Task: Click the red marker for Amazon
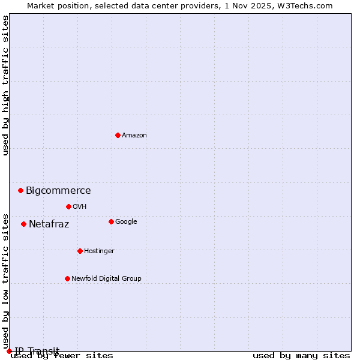(118, 135)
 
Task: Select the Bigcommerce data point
(20, 190)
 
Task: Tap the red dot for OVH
(68, 206)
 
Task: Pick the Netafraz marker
(23, 224)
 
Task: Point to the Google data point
(111, 221)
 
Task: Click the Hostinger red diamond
(80, 251)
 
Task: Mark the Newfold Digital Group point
(67, 278)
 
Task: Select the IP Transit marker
(9, 351)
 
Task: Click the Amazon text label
(134, 135)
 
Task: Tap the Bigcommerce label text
(58, 191)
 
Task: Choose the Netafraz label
(49, 224)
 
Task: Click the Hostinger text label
(99, 251)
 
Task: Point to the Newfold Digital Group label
(106, 278)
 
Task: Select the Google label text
(126, 221)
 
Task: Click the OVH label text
(80, 206)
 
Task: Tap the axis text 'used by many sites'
(301, 356)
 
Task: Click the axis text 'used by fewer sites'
(62, 356)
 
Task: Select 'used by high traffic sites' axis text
(5, 85)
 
